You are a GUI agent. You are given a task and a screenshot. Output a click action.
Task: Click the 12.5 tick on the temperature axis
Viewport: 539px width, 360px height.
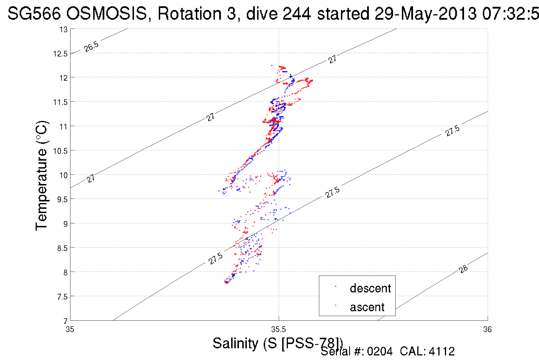(60, 54)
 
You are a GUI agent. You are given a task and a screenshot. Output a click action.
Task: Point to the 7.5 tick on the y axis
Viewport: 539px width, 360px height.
(62, 297)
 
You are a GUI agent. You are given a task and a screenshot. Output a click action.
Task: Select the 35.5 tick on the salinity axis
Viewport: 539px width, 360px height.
(278, 330)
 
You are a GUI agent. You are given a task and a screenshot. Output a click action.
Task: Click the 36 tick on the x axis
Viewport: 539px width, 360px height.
(487, 330)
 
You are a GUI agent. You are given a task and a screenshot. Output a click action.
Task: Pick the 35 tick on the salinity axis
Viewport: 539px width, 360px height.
(70, 330)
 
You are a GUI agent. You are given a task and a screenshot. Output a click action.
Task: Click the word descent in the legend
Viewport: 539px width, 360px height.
(370, 288)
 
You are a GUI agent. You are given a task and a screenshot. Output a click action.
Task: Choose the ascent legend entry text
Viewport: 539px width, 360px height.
(367, 307)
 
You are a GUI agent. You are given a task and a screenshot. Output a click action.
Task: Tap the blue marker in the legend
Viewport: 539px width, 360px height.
(335, 286)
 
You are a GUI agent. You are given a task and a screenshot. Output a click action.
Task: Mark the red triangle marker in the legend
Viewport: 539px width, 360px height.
(335, 305)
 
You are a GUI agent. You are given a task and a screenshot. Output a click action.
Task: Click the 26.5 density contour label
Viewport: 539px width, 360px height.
(91, 46)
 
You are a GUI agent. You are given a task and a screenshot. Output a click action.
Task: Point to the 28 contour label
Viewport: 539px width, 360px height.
(463, 269)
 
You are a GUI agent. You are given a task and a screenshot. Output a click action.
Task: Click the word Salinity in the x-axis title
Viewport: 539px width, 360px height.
(235, 343)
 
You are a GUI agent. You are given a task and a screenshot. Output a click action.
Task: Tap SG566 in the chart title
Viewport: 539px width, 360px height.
(34, 13)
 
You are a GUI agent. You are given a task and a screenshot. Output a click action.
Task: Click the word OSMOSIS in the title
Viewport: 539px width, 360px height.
(107, 13)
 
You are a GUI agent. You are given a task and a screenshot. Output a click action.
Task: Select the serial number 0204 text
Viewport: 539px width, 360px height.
(380, 351)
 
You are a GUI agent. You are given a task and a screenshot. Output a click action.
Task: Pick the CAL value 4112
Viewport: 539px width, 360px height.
(442, 351)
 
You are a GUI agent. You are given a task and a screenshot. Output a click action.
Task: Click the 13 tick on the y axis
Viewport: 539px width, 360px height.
(64, 29)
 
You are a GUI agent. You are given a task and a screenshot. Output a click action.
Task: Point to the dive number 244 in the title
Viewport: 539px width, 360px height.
(296, 13)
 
